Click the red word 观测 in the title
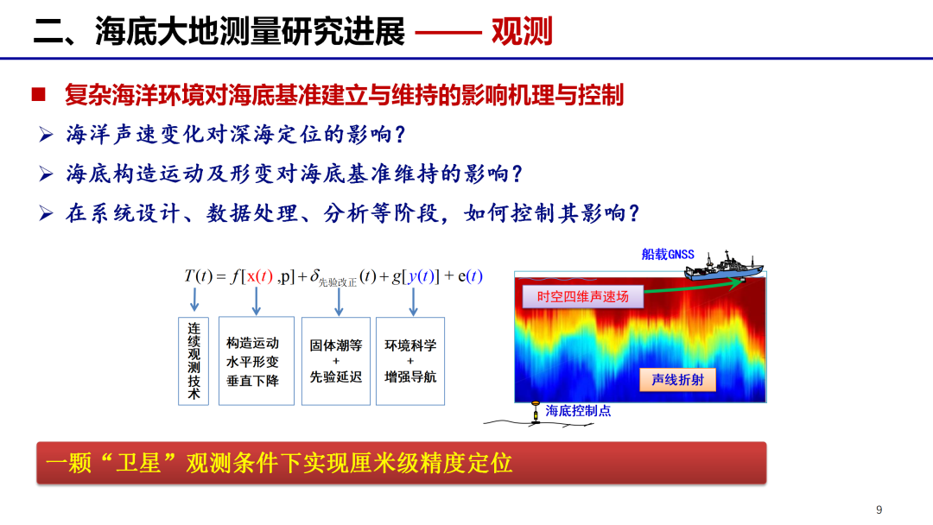click(522, 31)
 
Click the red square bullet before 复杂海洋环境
click(39, 94)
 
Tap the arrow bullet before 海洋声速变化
click(46, 135)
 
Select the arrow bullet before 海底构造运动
click(46, 174)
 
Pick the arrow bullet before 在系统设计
click(46, 213)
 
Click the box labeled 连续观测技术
click(194, 361)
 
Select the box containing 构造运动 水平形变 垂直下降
click(257, 361)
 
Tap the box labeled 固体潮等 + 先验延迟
click(335, 361)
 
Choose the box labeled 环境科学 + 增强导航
click(410, 361)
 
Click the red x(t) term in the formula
click(260, 276)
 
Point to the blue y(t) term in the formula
click(422, 276)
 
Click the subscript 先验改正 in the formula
click(338, 282)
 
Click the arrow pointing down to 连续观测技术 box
click(194, 299)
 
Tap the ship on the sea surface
click(724, 266)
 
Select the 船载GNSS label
click(668, 255)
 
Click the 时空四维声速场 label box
click(583, 297)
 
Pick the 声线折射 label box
click(678, 379)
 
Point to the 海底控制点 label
click(578, 411)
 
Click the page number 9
click(879, 509)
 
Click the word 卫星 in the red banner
click(138, 463)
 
